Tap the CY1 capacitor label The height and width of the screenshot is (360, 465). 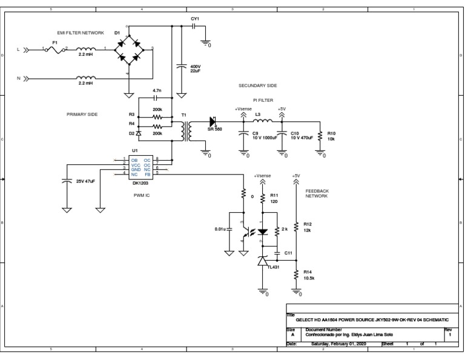(194, 19)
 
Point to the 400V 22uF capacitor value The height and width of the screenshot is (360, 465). (196, 68)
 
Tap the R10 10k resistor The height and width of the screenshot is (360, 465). (321, 136)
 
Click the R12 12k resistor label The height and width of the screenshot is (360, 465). (308, 226)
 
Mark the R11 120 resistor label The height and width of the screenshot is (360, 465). (274, 198)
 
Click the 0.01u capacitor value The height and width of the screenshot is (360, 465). (220, 229)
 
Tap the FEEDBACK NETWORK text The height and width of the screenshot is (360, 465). (317, 193)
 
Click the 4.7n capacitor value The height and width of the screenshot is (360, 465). (156, 90)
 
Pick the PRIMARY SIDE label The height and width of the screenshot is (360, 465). (82, 114)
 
